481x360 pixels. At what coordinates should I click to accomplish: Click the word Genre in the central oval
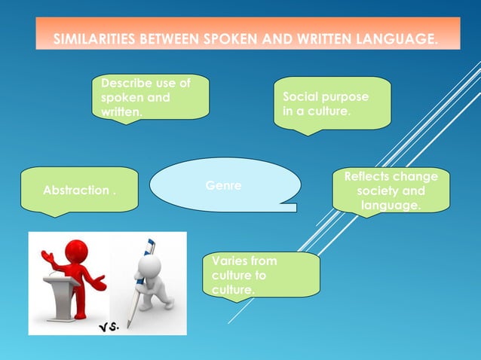coord(220,185)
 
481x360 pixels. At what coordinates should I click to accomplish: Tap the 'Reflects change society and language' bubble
coord(391,191)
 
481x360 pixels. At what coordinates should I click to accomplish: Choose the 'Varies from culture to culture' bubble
coord(260,275)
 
